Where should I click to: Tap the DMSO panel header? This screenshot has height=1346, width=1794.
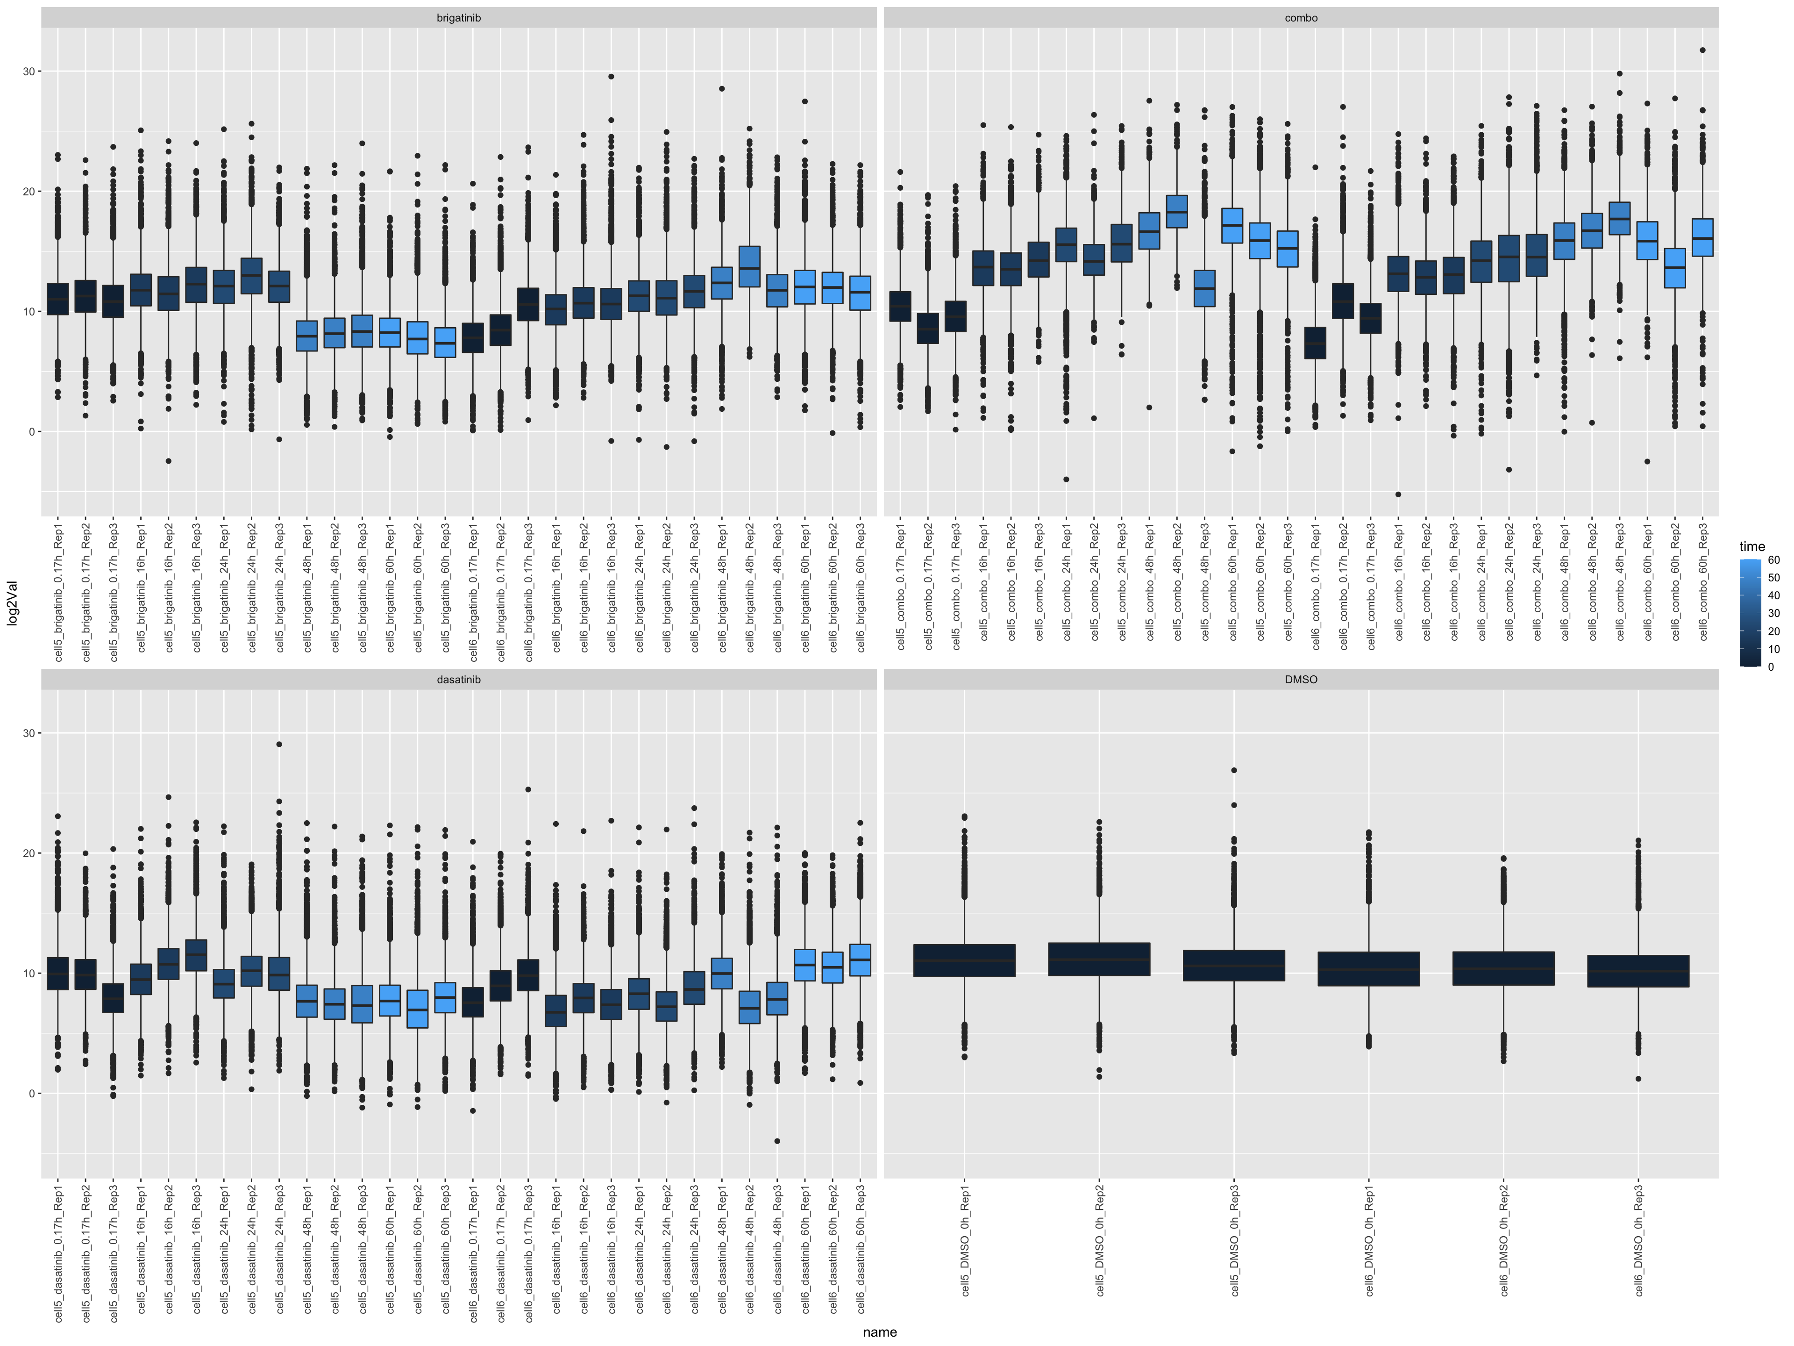[x=1301, y=679]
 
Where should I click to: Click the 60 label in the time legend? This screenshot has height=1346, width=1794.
[x=1774, y=560]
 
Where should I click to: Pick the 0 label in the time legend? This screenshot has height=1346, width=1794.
[x=1771, y=667]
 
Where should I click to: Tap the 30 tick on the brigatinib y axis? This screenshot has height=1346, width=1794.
[x=29, y=72]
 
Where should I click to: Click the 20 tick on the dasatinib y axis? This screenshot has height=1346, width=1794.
[x=29, y=853]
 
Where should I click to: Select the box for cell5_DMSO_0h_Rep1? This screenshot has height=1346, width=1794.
[x=964, y=960]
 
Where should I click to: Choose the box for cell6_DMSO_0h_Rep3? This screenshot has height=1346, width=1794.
[x=1638, y=971]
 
